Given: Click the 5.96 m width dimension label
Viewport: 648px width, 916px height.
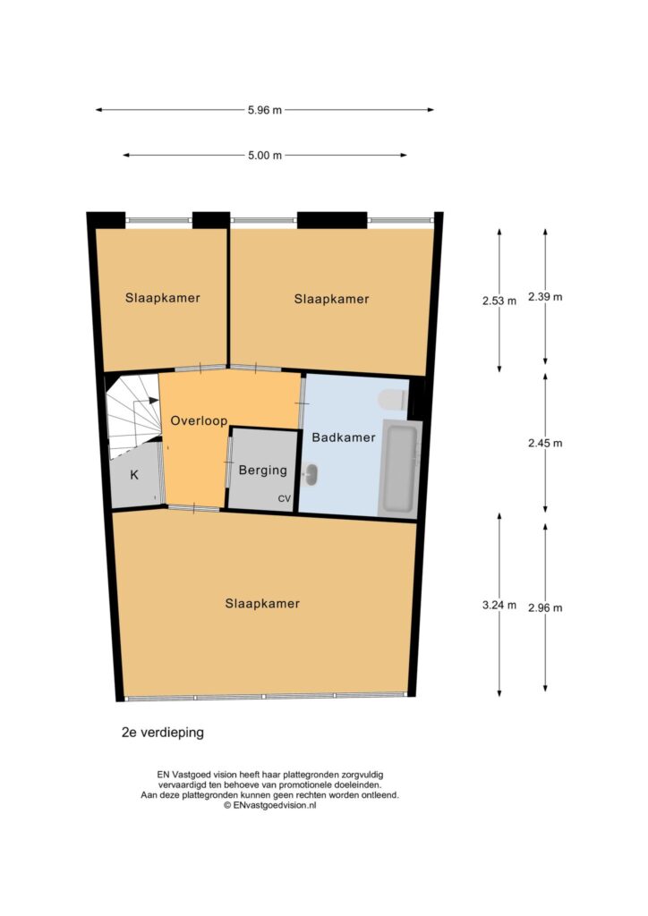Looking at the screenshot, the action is pos(265,110).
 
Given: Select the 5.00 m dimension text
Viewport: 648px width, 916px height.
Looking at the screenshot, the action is pos(265,156).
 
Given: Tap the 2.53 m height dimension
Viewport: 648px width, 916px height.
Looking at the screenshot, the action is pos(499,301).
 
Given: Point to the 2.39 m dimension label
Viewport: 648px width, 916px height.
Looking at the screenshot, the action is pos(545,297).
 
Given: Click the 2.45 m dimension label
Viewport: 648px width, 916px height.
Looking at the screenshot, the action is pos(545,444).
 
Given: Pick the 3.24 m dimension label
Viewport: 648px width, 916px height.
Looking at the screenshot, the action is pos(499,606).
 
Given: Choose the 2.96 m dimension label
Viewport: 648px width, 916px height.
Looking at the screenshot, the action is pos(545,608).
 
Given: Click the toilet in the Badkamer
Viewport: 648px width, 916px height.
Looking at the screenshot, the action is pos(393,400).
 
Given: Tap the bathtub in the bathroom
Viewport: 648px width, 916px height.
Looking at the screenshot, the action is pos(401,467).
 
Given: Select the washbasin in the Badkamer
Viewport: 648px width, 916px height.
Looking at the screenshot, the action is pos(311,474).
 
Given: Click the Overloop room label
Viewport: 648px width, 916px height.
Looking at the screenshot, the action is pos(199,420).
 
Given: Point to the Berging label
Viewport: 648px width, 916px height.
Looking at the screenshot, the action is pos(263,471).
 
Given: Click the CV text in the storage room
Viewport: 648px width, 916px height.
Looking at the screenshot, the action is pos(284,499).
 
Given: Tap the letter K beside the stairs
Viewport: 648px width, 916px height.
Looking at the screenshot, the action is pos(134,475).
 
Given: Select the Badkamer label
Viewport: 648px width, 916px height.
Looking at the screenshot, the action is pos(344,437).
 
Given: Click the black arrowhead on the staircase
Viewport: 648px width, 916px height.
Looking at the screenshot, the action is pos(154,400).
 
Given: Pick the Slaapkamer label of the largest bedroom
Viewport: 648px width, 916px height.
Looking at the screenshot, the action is pos(262,604).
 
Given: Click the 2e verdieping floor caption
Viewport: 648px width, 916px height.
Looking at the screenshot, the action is pos(162,732).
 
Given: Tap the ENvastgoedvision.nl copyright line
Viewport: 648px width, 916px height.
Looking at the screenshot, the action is pos(270,804).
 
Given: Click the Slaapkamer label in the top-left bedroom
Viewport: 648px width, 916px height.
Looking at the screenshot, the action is pos(162,298).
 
